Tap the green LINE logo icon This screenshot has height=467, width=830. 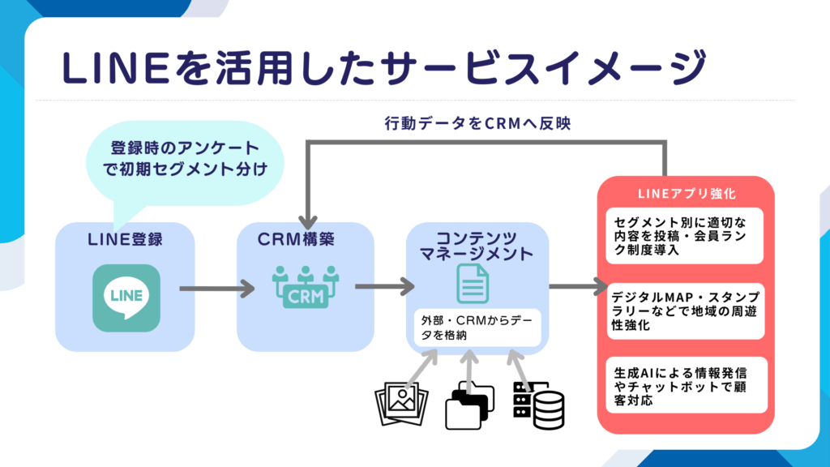pos(126,298)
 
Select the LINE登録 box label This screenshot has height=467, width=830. pos(126,240)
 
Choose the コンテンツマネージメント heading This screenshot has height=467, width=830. pos(477,246)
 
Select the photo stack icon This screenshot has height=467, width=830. pos(400,404)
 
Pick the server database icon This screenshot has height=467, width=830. pos(539,403)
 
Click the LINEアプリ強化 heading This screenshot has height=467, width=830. pos(687,195)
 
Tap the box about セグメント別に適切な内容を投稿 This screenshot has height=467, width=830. pos(687,236)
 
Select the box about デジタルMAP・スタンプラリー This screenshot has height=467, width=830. pos(687,311)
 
